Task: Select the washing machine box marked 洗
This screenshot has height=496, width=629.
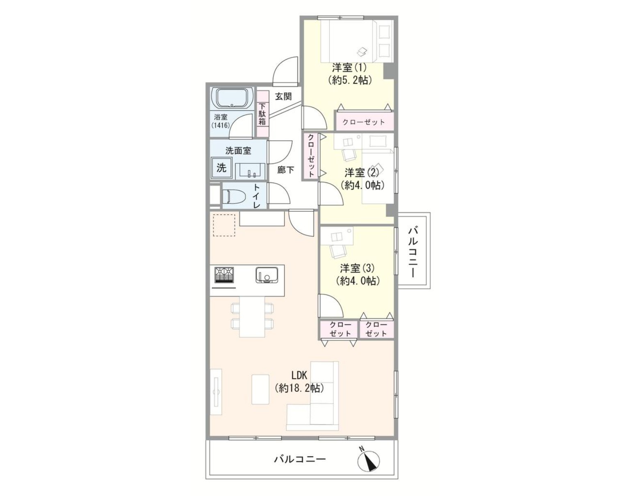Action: coord(221,168)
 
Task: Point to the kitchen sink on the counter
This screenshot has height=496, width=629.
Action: coord(266,275)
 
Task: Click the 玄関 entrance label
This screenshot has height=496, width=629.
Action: coord(283,96)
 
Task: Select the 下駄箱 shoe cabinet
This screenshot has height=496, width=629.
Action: coord(263,114)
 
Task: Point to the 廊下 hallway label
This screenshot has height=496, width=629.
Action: coord(285,169)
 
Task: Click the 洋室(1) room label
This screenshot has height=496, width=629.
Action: coord(349,68)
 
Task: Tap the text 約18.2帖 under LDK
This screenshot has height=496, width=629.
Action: coord(299,388)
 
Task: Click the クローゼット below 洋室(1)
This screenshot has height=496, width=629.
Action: coord(364,121)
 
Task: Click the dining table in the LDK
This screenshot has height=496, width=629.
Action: coord(252,317)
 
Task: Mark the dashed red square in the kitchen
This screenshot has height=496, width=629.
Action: coord(224,225)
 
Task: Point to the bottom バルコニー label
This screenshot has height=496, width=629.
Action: coord(300,459)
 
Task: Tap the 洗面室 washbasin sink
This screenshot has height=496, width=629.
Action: coord(250,171)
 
